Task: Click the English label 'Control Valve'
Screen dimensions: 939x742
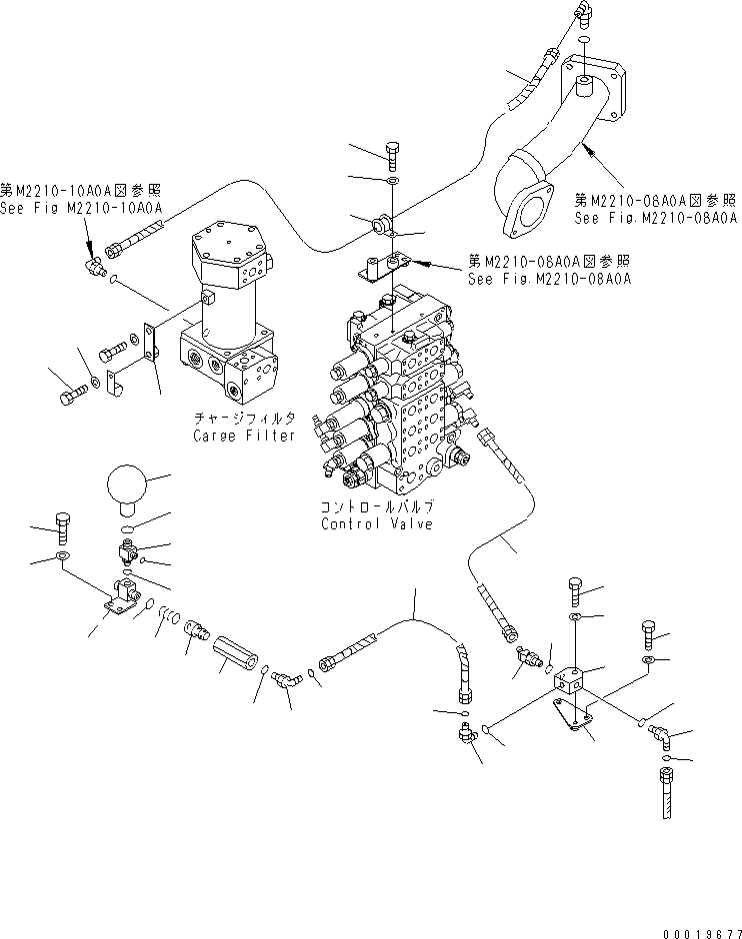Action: [376, 525]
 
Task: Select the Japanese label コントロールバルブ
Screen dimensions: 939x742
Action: [376, 507]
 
